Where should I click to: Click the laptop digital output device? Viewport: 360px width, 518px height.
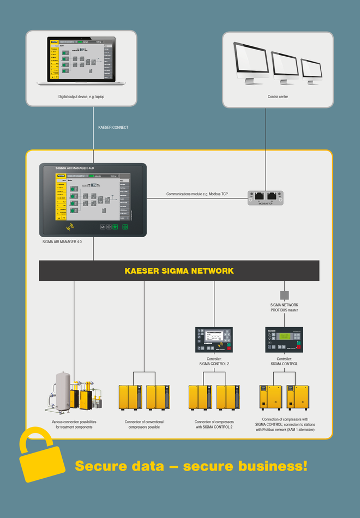[x=81, y=60]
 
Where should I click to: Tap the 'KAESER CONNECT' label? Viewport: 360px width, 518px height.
[x=113, y=127]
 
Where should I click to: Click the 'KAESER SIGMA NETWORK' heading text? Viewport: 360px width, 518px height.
[x=179, y=270]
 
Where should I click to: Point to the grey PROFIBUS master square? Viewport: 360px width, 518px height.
[x=284, y=294]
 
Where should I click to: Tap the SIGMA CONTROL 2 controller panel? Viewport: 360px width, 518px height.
[x=214, y=340]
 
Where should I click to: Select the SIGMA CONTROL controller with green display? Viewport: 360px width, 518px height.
[x=284, y=340]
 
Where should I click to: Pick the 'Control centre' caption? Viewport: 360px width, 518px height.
[x=278, y=97]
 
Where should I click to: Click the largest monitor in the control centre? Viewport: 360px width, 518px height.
[x=250, y=61]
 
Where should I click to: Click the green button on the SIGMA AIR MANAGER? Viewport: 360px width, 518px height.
[x=124, y=226]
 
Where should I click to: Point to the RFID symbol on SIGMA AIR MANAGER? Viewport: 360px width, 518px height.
[x=70, y=226]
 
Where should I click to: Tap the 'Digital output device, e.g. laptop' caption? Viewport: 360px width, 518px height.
[x=81, y=97]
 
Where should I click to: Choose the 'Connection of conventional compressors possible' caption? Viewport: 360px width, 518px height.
[x=144, y=425]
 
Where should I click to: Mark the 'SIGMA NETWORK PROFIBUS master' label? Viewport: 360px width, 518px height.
[x=284, y=308]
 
